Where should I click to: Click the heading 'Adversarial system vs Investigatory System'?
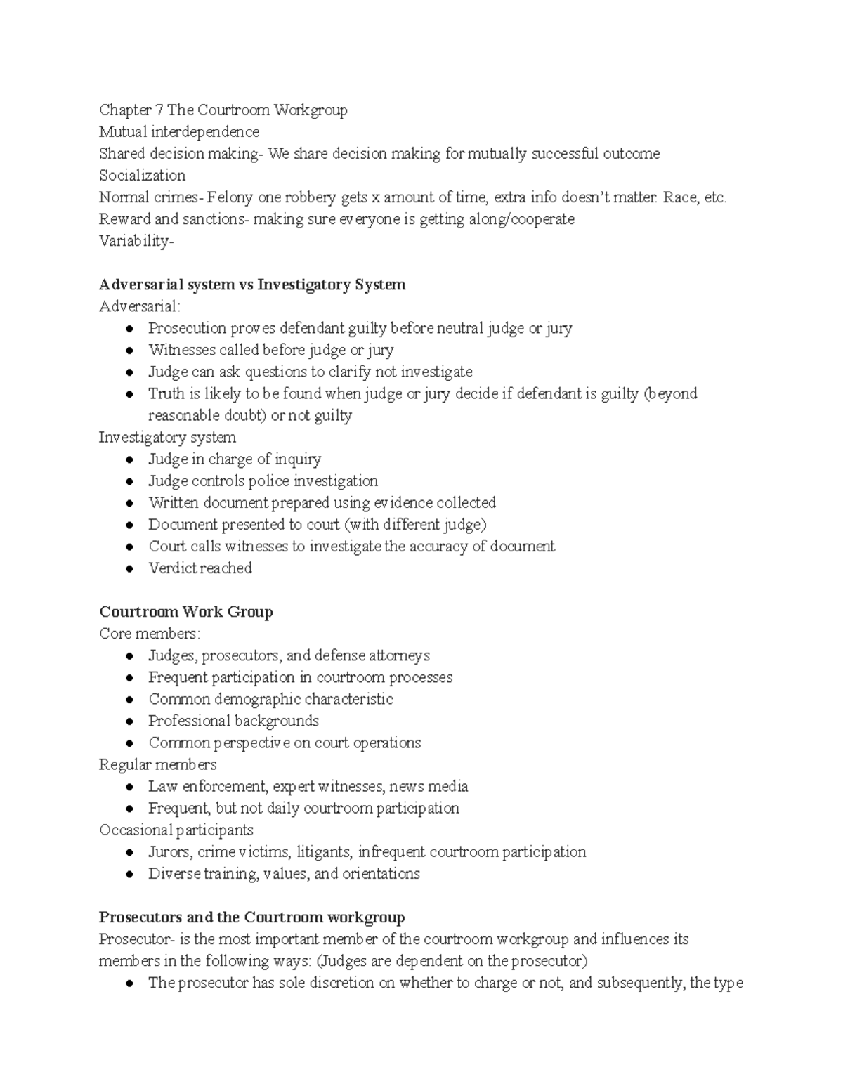click(252, 285)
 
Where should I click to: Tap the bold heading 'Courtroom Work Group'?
click(186, 612)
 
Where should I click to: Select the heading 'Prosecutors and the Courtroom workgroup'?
click(251, 917)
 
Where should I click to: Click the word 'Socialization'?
click(142, 176)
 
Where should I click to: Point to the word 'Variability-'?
click(136, 241)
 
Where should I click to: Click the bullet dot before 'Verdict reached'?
click(129, 569)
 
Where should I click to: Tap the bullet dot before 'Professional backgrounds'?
click(129, 722)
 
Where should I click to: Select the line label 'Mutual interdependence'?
click(179, 132)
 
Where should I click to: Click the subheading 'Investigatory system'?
click(167, 438)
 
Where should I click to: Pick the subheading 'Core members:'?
click(150, 634)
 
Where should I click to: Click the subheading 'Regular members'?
click(157, 764)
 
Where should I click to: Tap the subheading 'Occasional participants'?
click(176, 830)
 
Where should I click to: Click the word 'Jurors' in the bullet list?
click(169, 852)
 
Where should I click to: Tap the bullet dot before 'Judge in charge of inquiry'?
click(129, 460)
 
